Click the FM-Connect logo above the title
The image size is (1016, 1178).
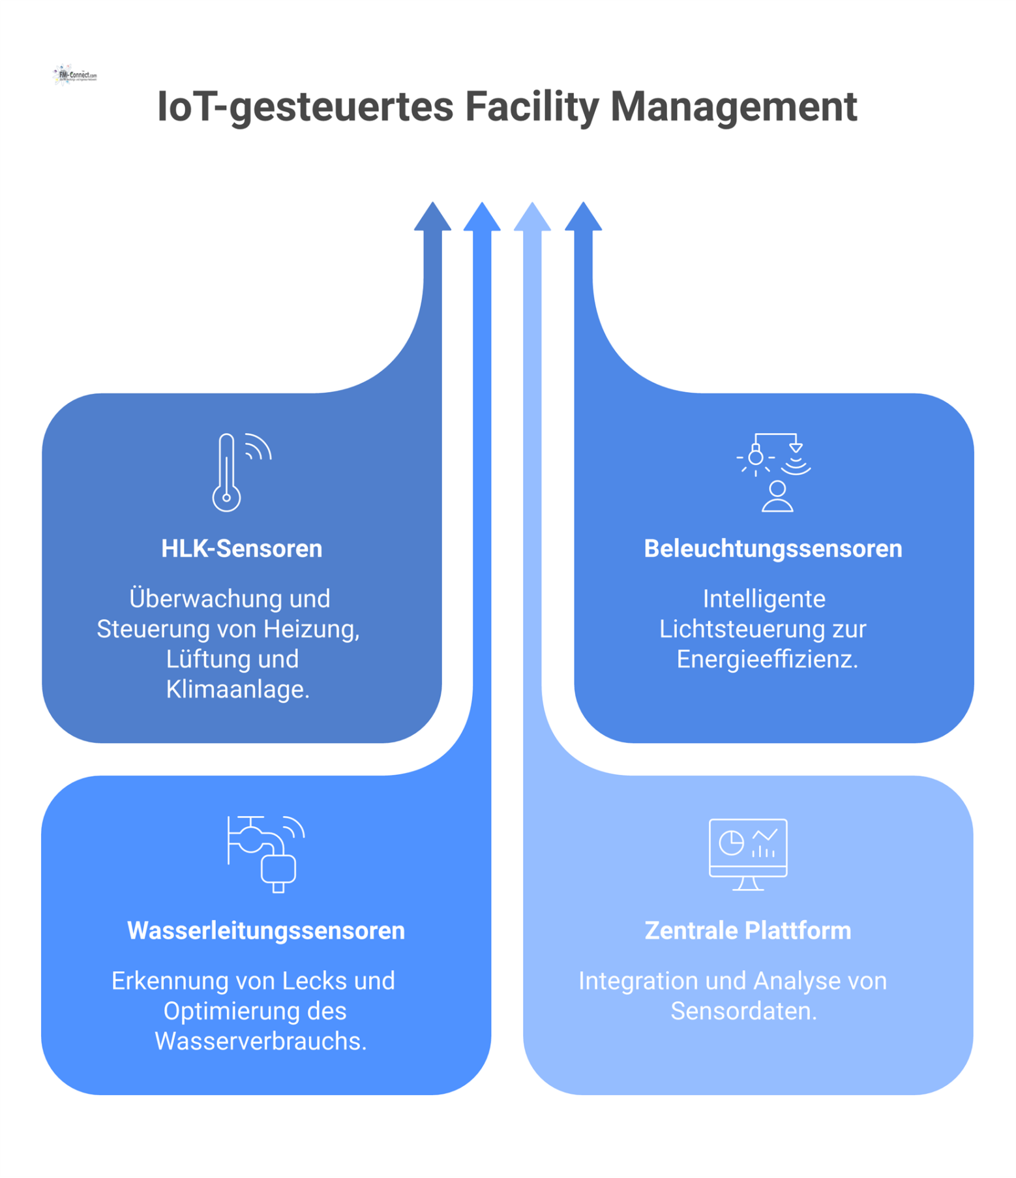pyautogui.click(x=75, y=75)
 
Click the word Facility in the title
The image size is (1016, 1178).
pyautogui.click(x=531, y=107)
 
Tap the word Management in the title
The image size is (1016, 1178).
pyautogui.click(x=733, y=107)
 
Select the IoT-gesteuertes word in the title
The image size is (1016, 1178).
pyautogui.click(x=305, y=107)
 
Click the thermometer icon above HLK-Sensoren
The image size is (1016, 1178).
pyautogui.click(x=228, y=472)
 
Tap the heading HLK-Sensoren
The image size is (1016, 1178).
pyautogui.click(x=241, y=549)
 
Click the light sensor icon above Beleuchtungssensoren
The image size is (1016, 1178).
pyautogui.click(x=774, y=472)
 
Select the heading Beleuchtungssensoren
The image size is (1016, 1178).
pyautogui.click(x=773, y=549)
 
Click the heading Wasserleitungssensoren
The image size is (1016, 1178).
pyautogui.click(x=266, y=931)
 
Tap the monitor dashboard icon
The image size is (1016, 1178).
pyautogui.click(x=748, y=854)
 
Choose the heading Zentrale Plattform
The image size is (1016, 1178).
pyautogui.click(x=747, y=931)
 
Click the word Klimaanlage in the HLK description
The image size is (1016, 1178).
pyautogui.click(x=237, y=689)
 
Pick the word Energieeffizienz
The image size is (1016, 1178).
pyautogui.click(x=767, y=659)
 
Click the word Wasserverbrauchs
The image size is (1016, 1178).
pyautogui.click(x=261, y=1041)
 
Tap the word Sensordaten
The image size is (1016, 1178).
pyautogui.click(x=743, y=1011)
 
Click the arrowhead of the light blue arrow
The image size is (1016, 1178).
pyautogui.click(x=532, y=218)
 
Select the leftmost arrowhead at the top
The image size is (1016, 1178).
pyautogui.click(x=432, y=218)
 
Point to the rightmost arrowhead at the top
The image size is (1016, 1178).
pyautogui.click(x=583, y=218)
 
